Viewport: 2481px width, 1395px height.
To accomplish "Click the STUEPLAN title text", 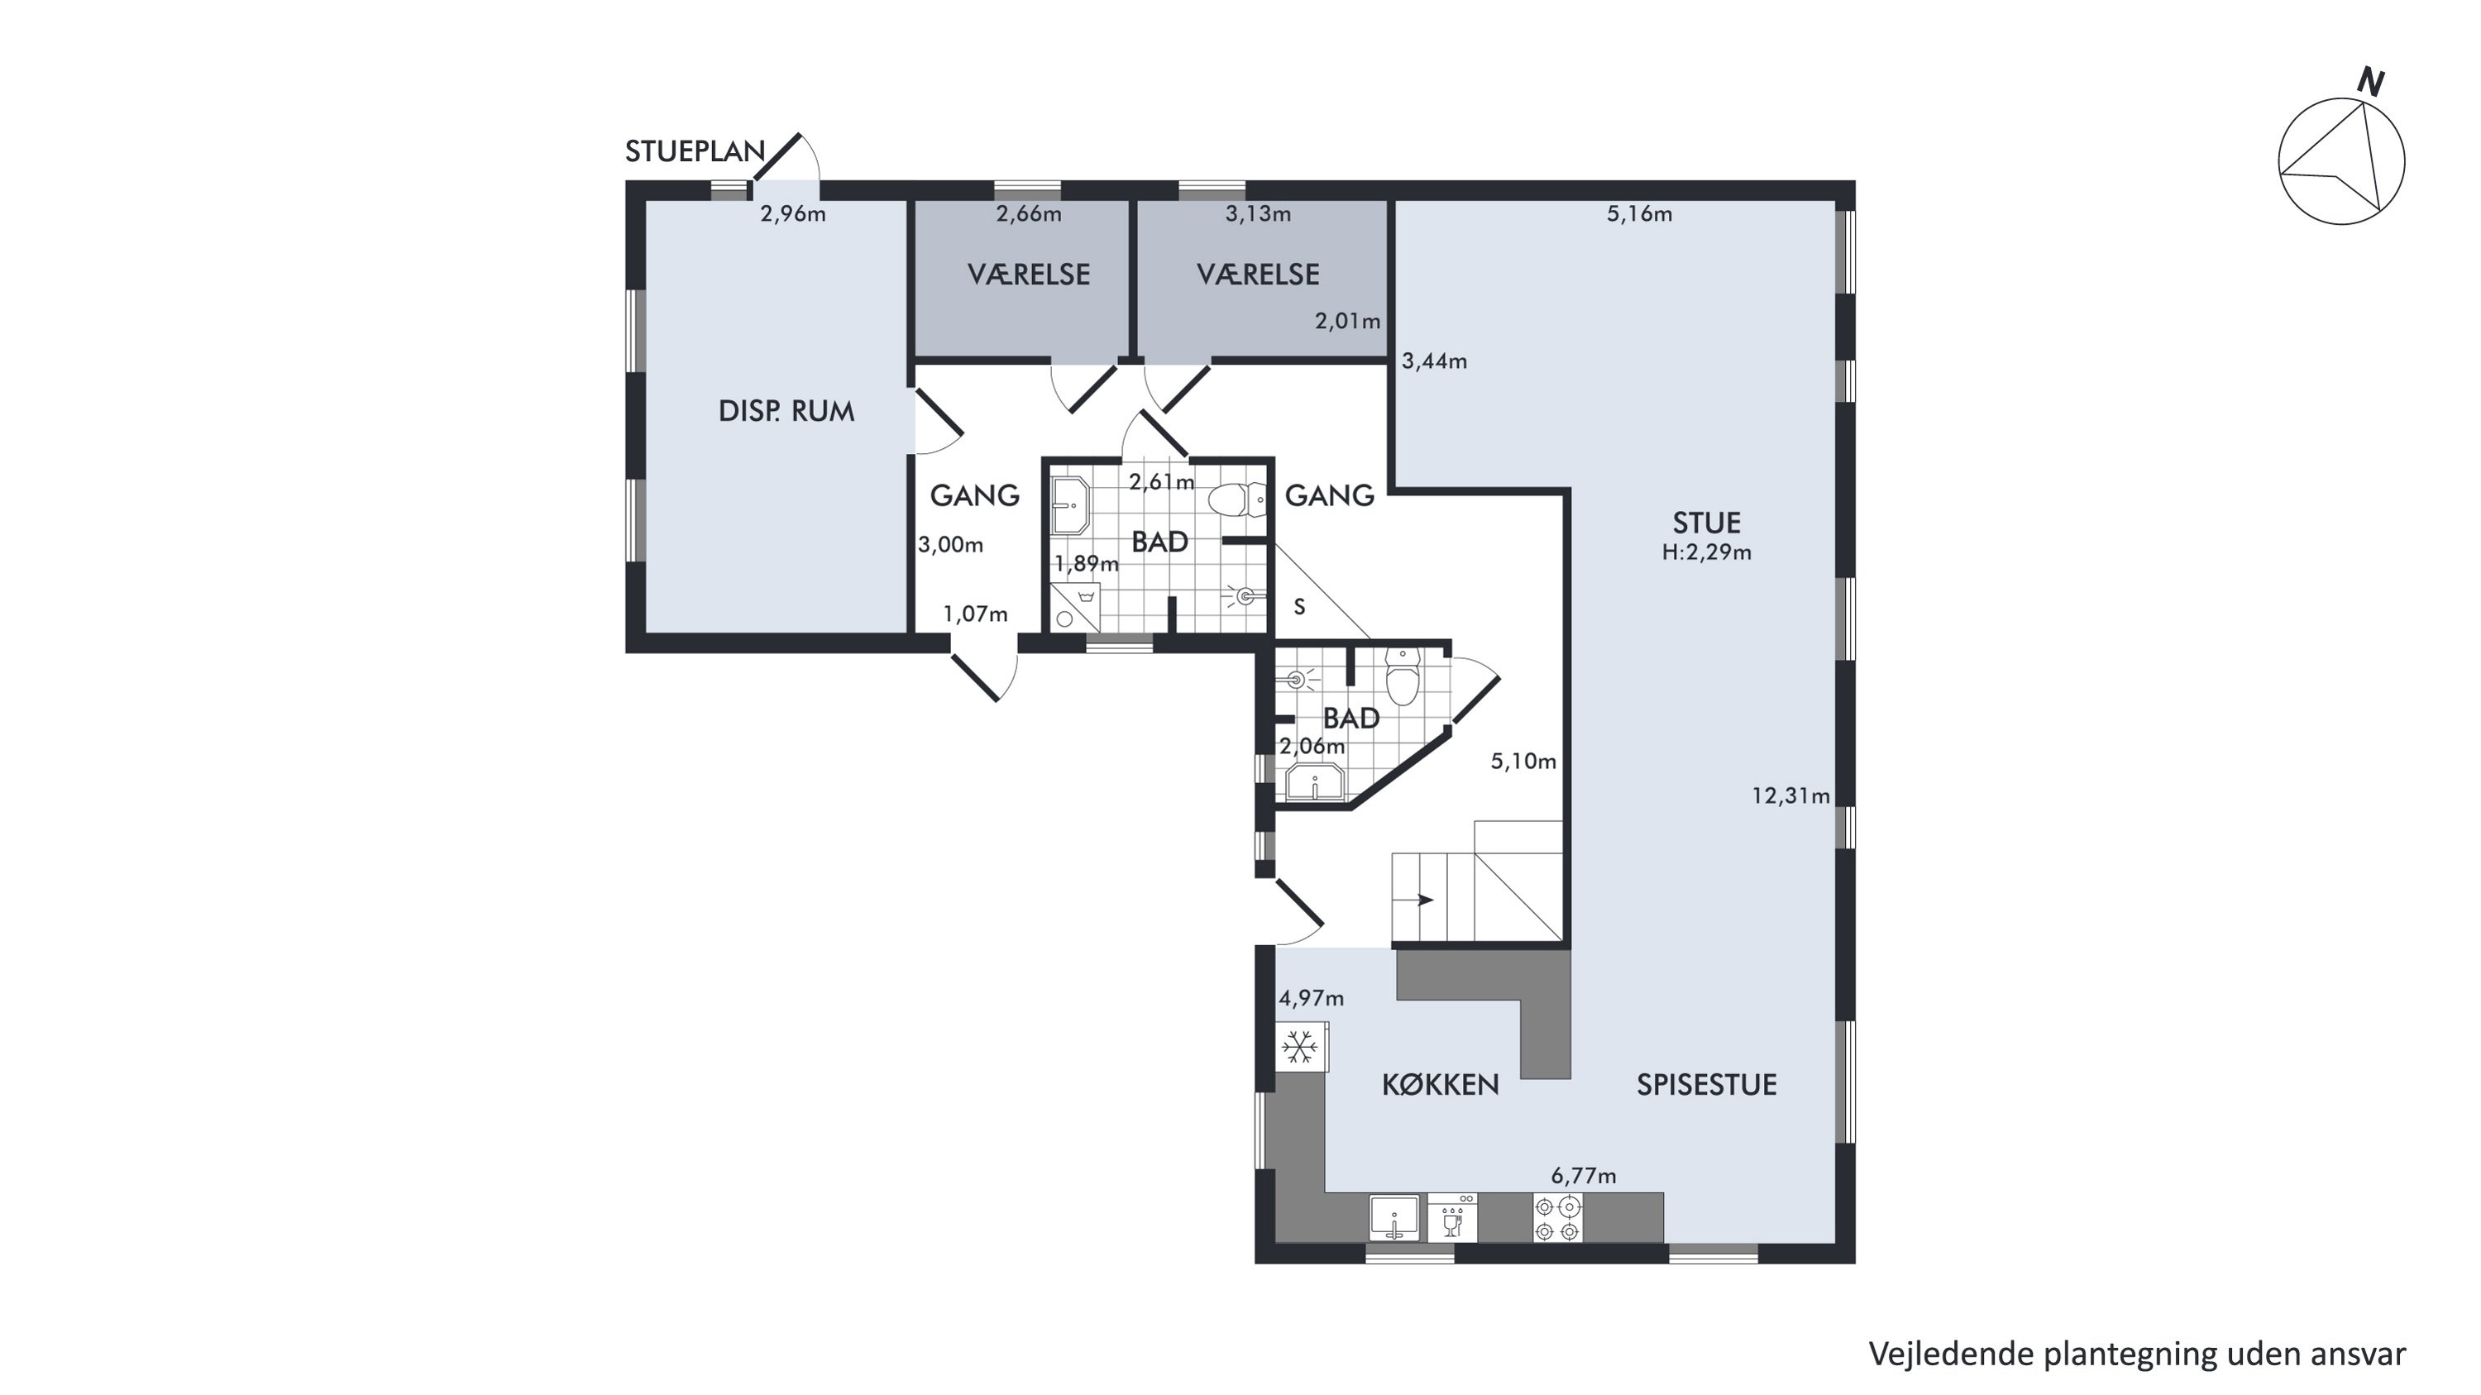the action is point(695,151).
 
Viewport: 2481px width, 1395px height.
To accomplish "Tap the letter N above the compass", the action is point(2370,83).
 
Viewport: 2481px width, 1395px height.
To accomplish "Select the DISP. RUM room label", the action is point(786,411).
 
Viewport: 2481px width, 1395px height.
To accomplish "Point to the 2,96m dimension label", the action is point(792,213).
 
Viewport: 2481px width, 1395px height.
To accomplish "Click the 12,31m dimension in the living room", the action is point(1790,796).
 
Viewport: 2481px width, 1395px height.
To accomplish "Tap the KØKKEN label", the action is point(1441,1085).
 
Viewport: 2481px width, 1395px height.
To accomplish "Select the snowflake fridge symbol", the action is point(1301,1047).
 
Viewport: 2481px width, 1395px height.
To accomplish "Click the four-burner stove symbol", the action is point(1557,1218).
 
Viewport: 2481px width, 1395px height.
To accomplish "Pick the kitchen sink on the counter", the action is point(1393,1218).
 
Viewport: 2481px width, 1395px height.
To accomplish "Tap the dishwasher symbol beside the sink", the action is point(1452,1218).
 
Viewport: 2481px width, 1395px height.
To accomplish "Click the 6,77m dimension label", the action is point(1584,1176).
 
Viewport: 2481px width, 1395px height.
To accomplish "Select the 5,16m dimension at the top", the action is point(1639,213).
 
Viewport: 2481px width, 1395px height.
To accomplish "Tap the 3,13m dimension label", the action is point(1258,213).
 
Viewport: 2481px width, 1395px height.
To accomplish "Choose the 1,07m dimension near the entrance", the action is point(976,614).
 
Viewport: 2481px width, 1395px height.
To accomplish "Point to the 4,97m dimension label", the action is point(1312,998).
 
